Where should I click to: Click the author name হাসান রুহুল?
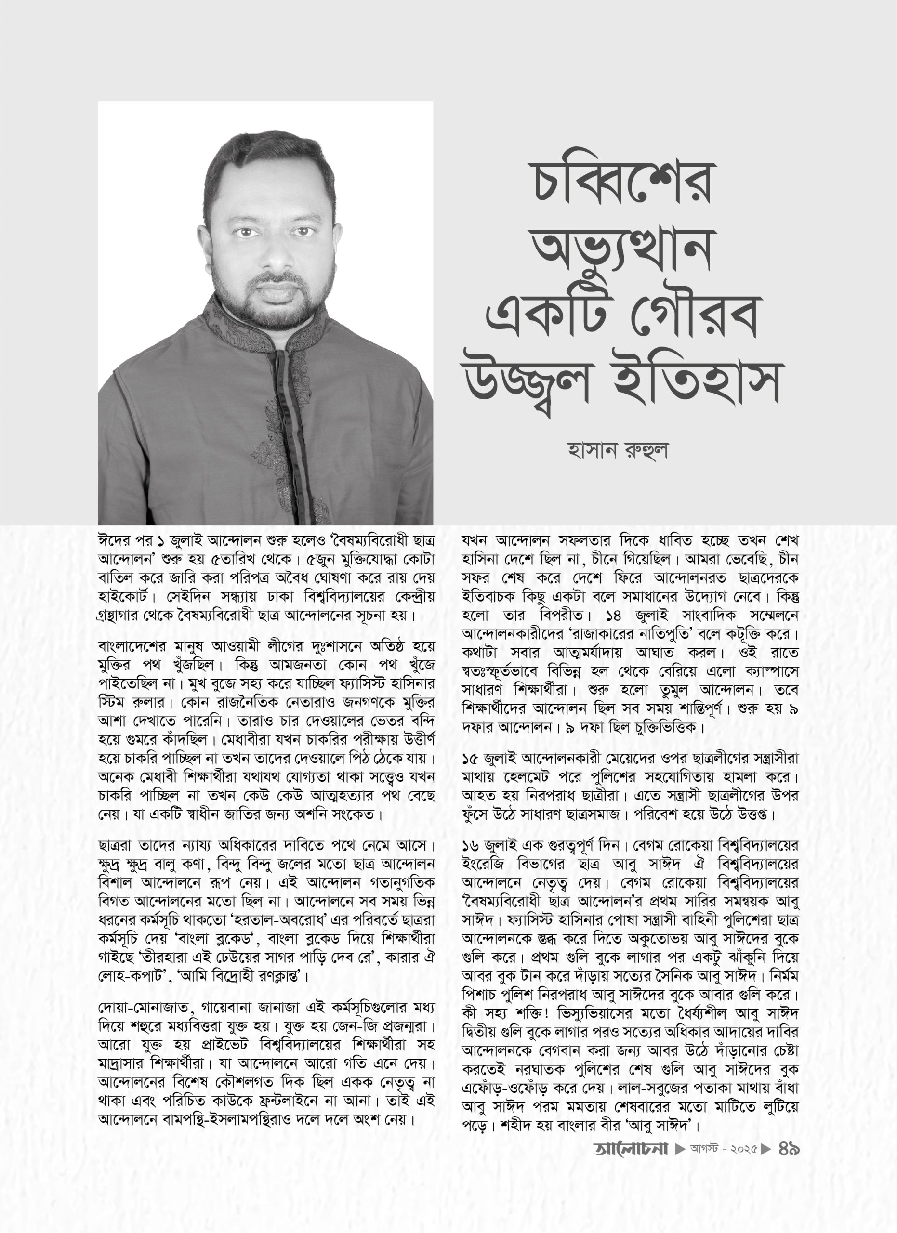click(618, 451)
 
